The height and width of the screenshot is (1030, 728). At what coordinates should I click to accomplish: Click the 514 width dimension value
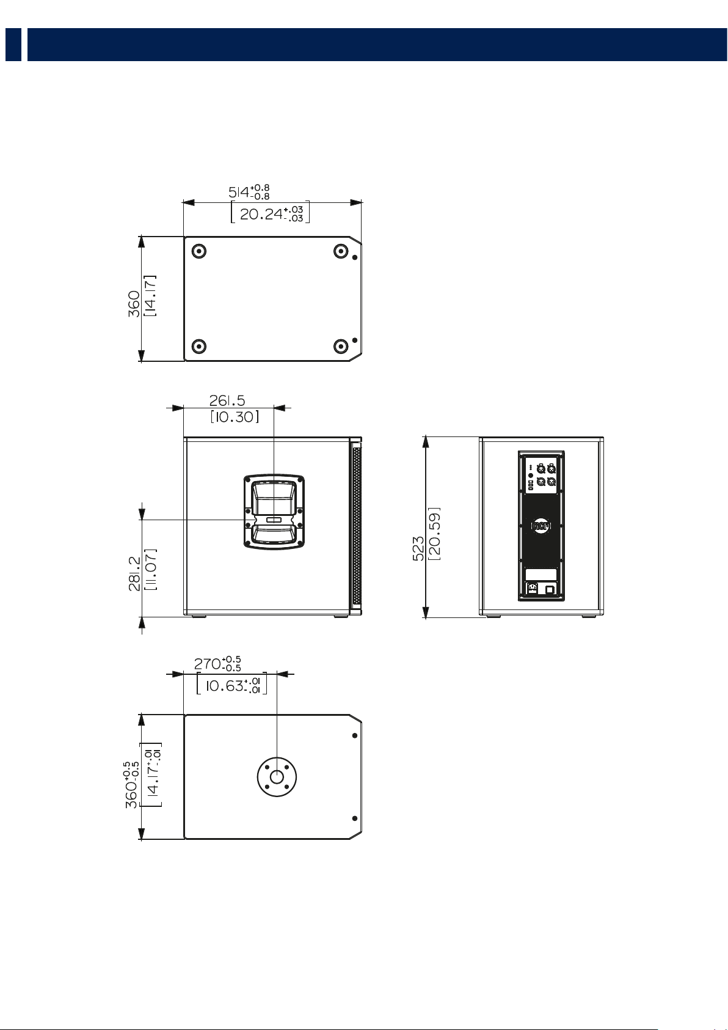(x=239, y=192)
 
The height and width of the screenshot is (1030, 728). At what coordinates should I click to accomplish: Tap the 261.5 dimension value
(x=227, y=400)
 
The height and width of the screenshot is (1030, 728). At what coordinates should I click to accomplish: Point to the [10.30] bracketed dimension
(x=235, y=417)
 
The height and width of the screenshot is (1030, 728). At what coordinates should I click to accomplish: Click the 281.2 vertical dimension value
(x=134, y=573)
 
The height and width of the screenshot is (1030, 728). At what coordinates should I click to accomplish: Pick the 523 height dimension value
(x=418, y=548)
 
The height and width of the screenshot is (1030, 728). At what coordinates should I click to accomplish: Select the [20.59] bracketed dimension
(x=434, y=534)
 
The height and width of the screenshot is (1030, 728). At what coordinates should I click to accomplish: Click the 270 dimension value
(x=208, y=664)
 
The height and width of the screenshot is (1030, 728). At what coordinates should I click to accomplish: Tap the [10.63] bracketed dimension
(x=232, y=686)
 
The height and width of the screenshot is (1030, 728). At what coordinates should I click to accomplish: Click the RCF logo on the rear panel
(x=541, y=526)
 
